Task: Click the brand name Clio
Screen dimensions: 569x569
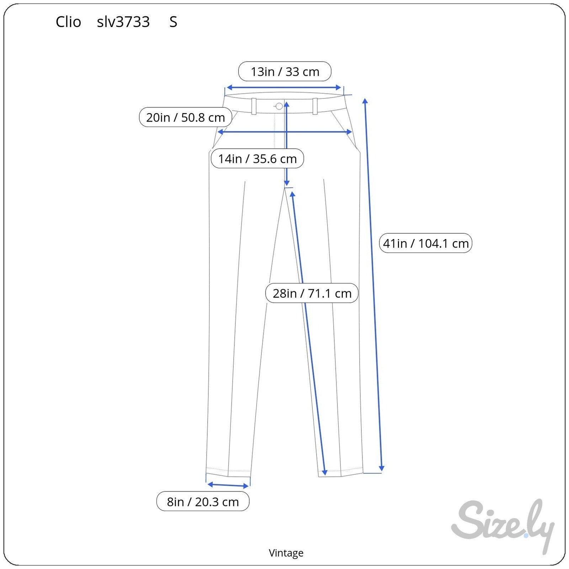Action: click(x=68, y=22)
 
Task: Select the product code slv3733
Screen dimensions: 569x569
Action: click(x=123, y=22)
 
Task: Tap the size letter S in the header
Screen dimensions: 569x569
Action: click(x=173, y=22)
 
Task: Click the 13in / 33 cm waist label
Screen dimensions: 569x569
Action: click(x=284, y=71)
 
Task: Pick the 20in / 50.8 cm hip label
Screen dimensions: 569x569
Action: click(x=185, y=117)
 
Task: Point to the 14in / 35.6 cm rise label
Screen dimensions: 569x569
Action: click(x=257, y=158)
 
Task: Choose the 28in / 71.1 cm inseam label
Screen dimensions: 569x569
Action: click(x=312, y=293)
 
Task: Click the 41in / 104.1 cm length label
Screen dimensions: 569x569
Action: click(x=426, y=243)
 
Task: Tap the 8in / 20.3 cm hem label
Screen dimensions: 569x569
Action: click(x=203, y=501)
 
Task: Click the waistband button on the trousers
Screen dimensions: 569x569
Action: click(x=279, y=106)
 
